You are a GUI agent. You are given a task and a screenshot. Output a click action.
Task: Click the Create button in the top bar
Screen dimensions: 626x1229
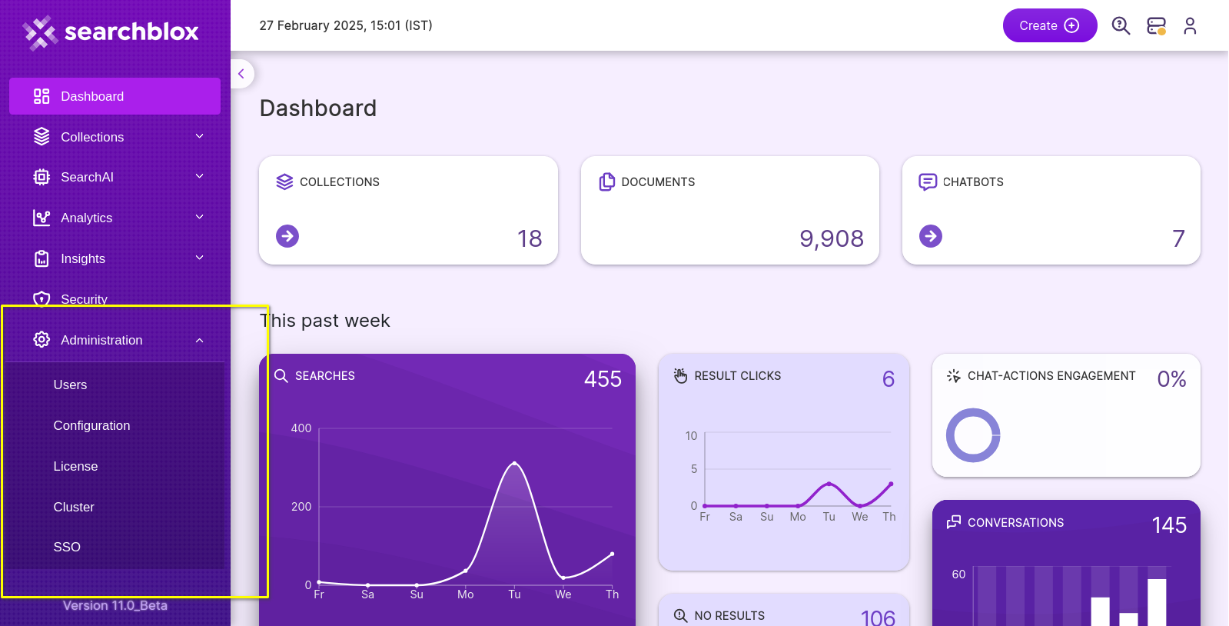tap(1049, 25)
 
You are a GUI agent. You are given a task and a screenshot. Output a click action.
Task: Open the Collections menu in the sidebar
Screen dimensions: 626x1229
tap(92, 137)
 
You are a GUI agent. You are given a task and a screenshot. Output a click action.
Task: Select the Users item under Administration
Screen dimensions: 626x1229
tap(70, 385)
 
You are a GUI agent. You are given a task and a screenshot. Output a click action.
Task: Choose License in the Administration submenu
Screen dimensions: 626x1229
tap(75, 466)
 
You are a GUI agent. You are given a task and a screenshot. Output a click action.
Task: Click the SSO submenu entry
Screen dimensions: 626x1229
tap(67, 547)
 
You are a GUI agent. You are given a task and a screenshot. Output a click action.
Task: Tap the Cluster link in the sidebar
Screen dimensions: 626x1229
tap(74, 507)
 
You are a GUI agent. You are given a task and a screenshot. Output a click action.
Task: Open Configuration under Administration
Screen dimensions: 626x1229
tap(91, 425)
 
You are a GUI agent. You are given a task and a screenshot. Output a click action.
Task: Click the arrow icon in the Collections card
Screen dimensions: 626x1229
tap(287, 236)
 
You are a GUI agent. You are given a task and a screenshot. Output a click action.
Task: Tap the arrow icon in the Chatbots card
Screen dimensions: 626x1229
tap(930, 236)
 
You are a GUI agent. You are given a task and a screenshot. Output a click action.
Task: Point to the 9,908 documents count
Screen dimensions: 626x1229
tap(832, 238)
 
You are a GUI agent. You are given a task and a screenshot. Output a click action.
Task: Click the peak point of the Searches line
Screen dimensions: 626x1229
tap(514, 463)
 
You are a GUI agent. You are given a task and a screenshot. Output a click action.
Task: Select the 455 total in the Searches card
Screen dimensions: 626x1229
tap(603, 379)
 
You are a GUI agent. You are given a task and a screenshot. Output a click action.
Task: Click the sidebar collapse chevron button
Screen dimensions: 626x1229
tap(241, 74)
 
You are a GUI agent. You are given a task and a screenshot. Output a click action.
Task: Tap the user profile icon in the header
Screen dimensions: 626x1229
tap(1190, 26)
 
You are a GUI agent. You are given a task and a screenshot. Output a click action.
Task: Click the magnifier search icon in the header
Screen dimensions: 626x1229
tap(1121, 26)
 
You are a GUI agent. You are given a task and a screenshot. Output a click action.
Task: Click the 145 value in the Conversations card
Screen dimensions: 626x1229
tap(1169, 525)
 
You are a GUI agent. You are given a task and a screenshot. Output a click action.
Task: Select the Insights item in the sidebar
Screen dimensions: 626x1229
tap(83, 258)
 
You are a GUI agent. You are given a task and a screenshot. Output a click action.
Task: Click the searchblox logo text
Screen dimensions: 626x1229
tap(131, 32)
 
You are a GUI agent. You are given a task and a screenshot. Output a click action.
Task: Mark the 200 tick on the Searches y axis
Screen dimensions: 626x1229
tap(301, 507)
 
